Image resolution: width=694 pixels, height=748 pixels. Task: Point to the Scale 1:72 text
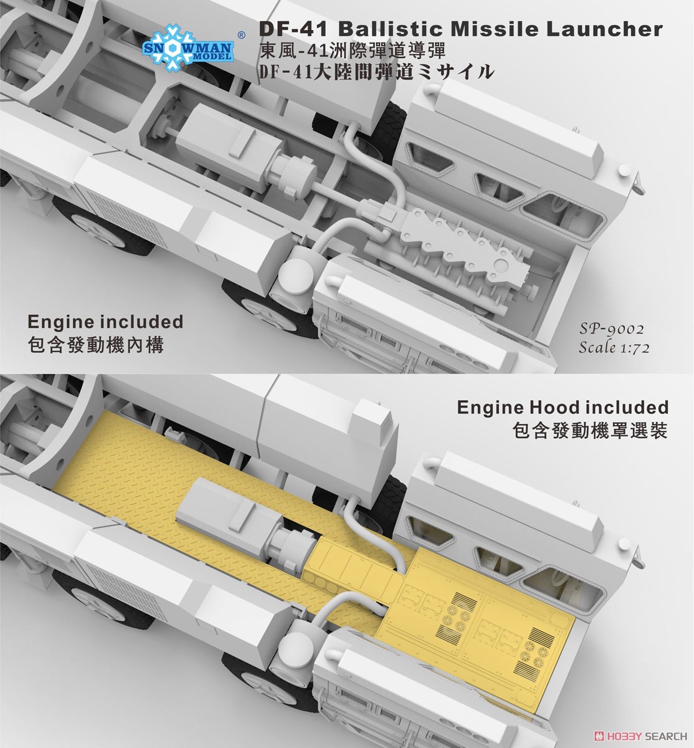click(x=614, y=348)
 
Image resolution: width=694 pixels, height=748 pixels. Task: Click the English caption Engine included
click(x=105, y=322)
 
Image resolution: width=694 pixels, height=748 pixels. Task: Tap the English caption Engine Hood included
click(x=563, y=407)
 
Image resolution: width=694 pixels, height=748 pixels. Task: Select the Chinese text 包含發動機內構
click(x=97, y=344)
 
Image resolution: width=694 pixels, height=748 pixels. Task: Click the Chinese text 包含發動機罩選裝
click(x=589, y=431)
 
